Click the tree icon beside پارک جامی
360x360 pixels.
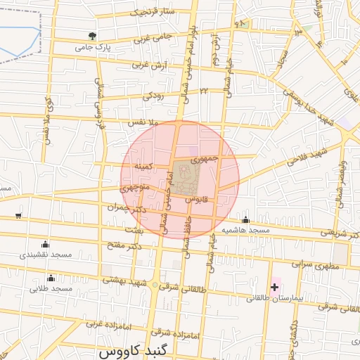[x=91, y=35]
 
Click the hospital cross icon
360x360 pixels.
[x=274, y=287]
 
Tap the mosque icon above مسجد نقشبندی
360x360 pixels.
[x=46, y=243]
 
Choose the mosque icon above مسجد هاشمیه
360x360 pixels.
[x=245, y=219]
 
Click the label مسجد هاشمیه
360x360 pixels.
[x=246, y=230]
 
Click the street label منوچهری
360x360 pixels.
[x=134, y=188]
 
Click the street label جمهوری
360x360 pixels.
[x=205, y=159]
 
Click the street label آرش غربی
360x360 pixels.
[x=148, y=65]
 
